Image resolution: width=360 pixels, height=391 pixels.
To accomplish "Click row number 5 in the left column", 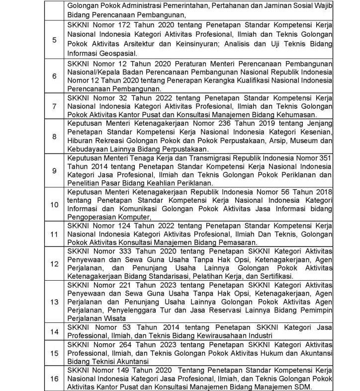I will (x=54, y=40).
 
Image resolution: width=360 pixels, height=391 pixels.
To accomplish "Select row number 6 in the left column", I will (x=54, y=77).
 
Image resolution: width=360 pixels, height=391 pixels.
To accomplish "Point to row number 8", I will (x=54, y=136).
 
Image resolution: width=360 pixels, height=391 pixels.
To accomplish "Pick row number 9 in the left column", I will (x=54, y=170).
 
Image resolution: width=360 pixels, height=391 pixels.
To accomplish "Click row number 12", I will (x=54, y=263).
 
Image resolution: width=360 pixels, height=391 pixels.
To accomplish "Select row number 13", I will (x=54, y=302).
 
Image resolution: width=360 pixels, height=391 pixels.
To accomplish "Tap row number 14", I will (x=54, y=331).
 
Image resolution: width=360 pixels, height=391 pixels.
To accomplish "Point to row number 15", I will (x=54, y=353).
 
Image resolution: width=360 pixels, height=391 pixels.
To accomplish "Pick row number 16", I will (x=54, y=379).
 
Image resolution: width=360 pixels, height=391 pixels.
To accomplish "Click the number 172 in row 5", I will (x=123, y=24).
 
